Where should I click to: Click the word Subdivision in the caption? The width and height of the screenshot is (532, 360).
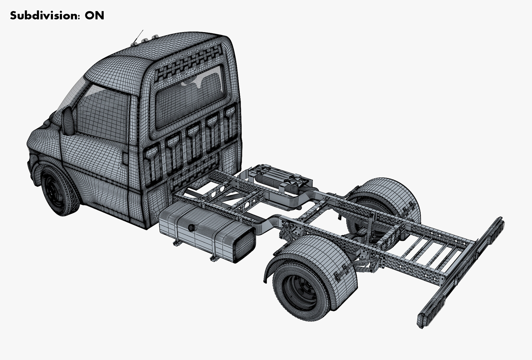(45, 15)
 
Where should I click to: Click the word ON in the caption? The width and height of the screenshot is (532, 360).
(94, 15)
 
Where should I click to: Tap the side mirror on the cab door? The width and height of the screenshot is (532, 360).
(68, 121)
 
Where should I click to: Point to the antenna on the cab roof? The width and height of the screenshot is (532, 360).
(138, 36)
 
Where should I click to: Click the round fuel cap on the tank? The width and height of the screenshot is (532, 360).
(192, 228)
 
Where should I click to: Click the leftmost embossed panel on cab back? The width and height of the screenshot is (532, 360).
(153, 164)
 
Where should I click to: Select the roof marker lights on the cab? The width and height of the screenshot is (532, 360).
(145, 40)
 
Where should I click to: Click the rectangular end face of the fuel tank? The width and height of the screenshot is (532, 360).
(244, 245)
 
